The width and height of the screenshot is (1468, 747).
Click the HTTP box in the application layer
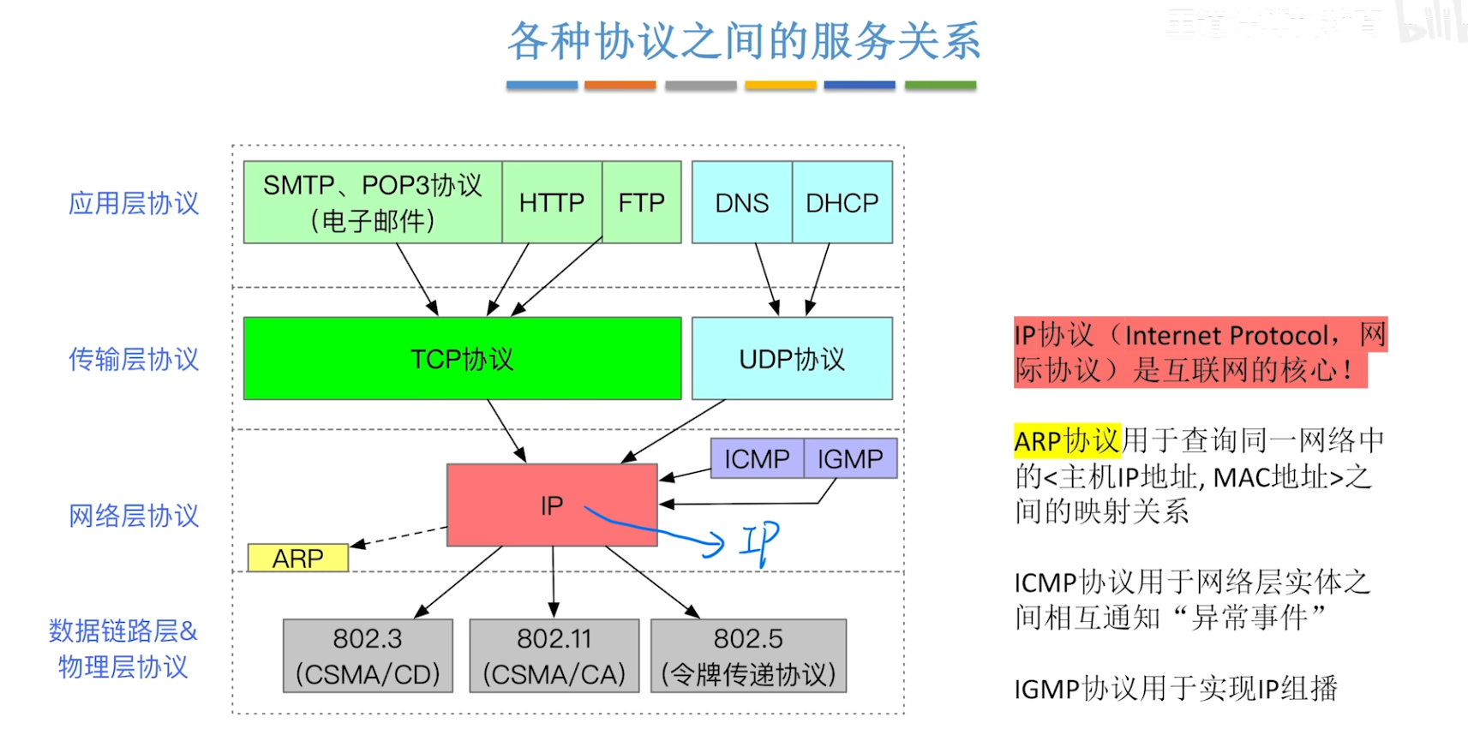pyautogui.click(x=552, y=202)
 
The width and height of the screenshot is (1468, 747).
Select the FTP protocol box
pyautogui.click(x=641, y=202)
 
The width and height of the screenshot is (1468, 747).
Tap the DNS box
pyautogui.click(x=741, y=202)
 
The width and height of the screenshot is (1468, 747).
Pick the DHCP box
pyautogui.click(x=842, y=202)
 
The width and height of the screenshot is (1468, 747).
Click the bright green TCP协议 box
pyautogui.click(x=462, y=358)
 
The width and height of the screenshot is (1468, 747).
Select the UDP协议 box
pyautogui.click(x=792, y=358)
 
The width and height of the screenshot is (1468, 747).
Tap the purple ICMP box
pyautogui.click(x=757, y=458)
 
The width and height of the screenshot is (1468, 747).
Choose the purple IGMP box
pyautogui.click(x=849, y=458)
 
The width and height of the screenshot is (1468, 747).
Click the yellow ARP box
pyautogui.click(x=297, y=558)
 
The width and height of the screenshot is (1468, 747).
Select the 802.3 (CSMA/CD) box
pyautogui.click(x=368, y=655)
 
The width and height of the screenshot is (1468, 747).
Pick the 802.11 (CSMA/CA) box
pyautogui.click(x=554, y=655)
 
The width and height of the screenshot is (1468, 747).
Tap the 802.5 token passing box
pyautogui.click(x=748, y=655)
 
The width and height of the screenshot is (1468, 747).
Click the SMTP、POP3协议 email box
pyautogui.click(x=372, y=202)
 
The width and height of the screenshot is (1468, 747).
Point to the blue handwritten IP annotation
pyautogui.click(x=759, y=541)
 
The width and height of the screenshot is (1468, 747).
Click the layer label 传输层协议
pyautogui.click(x=134, y=359)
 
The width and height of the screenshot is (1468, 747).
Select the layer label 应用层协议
pyautogui.click(x=134, y=203)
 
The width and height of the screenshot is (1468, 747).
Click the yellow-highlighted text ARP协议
pyautogui.click(x=1067, y=440)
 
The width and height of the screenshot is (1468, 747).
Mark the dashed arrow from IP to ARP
pyautogui.click(x=398, y=537)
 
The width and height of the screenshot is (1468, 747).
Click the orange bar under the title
pyautogui.click(x=620, y=86)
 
